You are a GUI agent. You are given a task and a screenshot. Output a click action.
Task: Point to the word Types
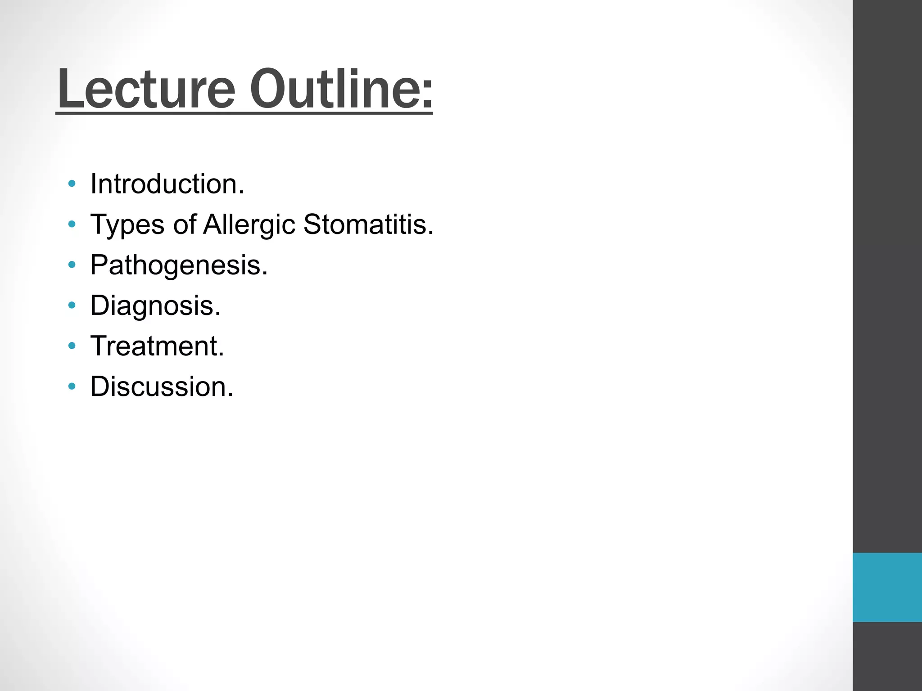click(x=127, y=224)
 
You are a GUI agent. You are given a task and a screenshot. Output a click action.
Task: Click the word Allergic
click(x=249, y=224)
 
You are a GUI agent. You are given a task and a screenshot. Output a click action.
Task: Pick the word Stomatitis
click(x=368, y=224)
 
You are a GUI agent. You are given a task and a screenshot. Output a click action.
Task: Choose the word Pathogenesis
click(x=179, y=265)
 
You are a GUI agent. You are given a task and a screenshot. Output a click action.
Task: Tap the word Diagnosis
click(x=155, y=305)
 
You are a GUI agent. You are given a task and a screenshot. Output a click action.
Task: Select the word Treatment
click(x=157, y=346)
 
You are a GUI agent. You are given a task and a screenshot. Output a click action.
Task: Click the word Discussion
click(x=162, y=386)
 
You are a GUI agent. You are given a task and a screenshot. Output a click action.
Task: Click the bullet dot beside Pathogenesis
click(x=72, y=265)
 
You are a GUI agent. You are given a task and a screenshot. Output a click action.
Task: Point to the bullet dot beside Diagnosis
click(x=72, y=305)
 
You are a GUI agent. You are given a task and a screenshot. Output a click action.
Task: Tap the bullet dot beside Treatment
click(x=72, y=346)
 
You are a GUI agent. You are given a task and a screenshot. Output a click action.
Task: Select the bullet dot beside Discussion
click(x=72, y=386)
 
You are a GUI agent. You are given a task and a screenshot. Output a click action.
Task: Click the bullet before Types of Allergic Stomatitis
click(x=72, y=224)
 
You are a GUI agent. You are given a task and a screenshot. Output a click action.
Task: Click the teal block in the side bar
click(x=887, y=587)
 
